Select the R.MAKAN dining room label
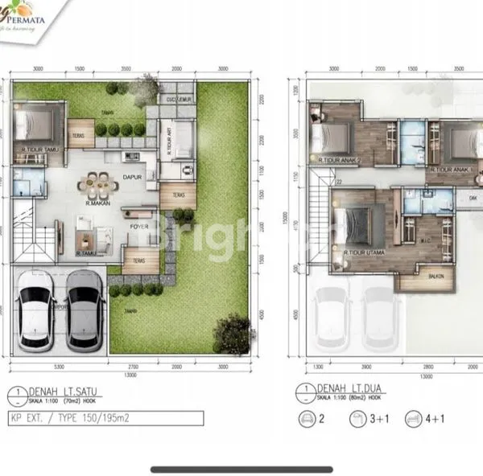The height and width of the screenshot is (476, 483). pyautogui.click(x=98, y=203)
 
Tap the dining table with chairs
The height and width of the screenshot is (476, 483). pyautogui.click(x=96, y=185)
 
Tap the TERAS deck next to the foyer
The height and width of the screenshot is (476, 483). pyautogui.click(x=139, y=257)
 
